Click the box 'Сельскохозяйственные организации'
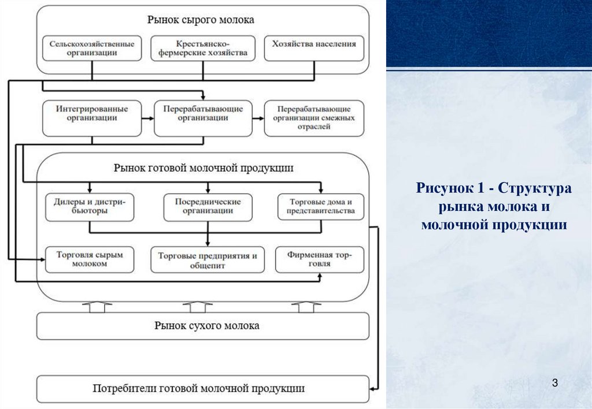pos(92,48)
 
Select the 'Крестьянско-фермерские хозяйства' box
pos(203,48)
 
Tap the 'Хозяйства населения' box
pos(314,48)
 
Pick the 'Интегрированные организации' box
pos(92,118)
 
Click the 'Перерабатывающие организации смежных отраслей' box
pos(314,118)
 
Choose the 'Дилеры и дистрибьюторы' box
pos(90,207)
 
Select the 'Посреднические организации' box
pos(208,207)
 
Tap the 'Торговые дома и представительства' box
pos(320,207)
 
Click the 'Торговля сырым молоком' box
pos(90,259)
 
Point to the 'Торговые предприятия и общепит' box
pos(208,259)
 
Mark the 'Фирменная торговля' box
pos(320,259)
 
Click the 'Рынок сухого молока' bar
pos(203,326)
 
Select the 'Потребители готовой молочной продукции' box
pos(203,389)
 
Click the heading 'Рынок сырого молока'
pos(201,20)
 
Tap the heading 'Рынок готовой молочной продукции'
pos(203,168)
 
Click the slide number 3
pos(555,383)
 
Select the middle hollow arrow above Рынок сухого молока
pos(198,306)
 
